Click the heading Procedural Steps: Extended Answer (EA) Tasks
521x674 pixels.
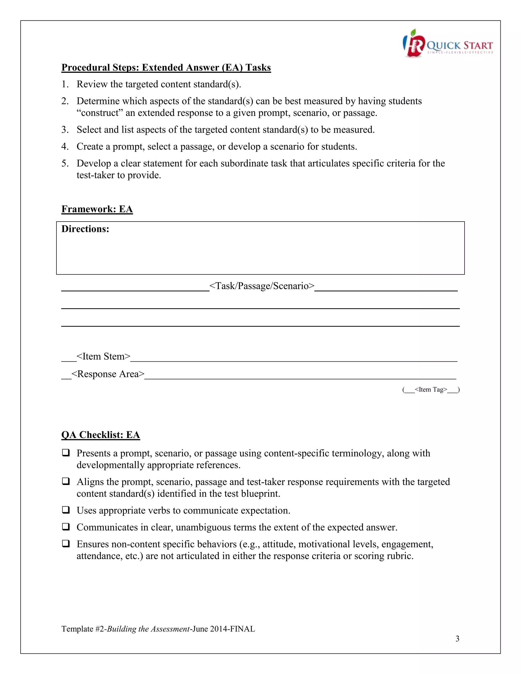point(166,68)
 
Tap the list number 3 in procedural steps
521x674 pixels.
point(65,130)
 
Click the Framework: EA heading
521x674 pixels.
point(97,209)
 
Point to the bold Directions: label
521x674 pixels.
point(85,229)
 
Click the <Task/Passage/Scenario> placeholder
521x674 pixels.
point(262,286)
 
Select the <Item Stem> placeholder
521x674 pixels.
point(103,356)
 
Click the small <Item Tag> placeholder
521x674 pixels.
point(431,389)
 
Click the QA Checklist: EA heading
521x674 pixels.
point(101,435)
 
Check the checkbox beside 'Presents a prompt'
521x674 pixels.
point(65,453)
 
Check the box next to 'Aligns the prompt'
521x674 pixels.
point(65,481)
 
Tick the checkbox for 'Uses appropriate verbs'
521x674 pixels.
point(65,510)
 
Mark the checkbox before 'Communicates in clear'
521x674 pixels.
point(65,527)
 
